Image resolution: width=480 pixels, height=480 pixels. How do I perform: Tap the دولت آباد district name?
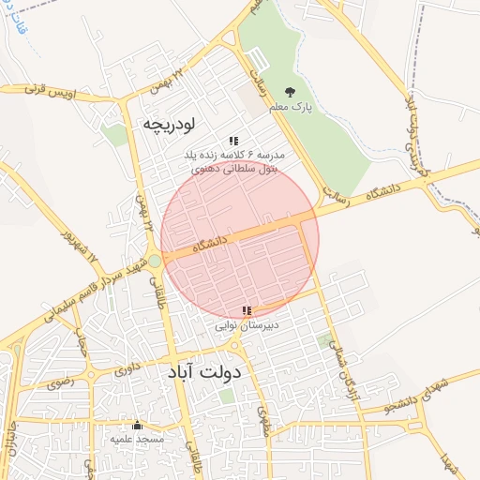(x=203, y=372)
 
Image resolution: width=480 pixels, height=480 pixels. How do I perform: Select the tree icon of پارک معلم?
(x=289, y=92)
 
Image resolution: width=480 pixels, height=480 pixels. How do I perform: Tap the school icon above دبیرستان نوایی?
(x=247, y=310)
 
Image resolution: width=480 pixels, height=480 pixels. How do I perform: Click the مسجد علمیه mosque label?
(x=138, y=438)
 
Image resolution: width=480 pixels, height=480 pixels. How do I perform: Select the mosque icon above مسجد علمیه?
(x=138, y=425)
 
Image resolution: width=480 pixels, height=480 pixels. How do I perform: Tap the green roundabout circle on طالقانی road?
(x=154, y=261)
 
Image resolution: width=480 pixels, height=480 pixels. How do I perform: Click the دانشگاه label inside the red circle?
(x=210, y=245)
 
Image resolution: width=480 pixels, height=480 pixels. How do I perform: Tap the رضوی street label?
(x=58, y=382)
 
